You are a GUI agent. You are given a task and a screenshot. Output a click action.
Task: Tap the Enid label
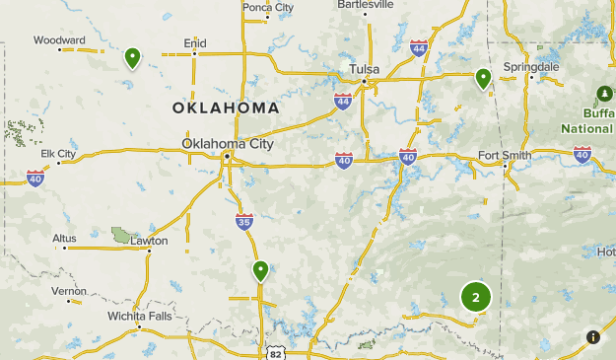194,42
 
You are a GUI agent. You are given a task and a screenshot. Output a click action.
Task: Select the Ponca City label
268,7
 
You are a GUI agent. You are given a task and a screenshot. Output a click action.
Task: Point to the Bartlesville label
366,4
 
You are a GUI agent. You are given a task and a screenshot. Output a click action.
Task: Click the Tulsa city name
365,69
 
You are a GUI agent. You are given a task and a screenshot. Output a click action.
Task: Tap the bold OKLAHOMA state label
225,107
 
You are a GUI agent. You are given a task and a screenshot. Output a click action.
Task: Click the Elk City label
58,154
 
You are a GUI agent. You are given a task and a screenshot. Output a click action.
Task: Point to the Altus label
65,238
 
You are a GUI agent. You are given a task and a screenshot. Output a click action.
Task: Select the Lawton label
149,240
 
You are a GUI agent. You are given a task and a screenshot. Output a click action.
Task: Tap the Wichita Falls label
139,317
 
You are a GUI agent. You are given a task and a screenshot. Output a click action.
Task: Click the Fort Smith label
504,155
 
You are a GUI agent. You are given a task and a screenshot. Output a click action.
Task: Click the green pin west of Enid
132,58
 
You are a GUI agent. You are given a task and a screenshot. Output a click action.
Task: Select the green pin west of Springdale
483,78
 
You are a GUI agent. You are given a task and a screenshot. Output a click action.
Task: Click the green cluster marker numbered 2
475,297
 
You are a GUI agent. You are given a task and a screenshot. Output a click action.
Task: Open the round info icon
592,336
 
